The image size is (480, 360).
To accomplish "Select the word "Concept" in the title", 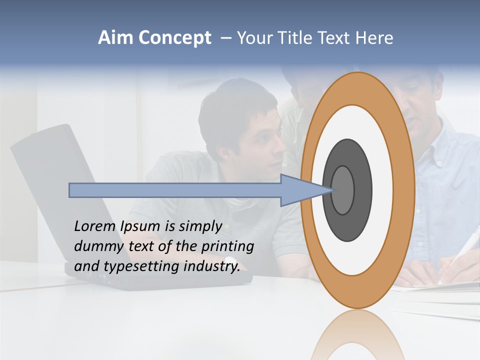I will [x=174, y=38].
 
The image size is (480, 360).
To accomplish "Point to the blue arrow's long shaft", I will [x=175, y=190].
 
